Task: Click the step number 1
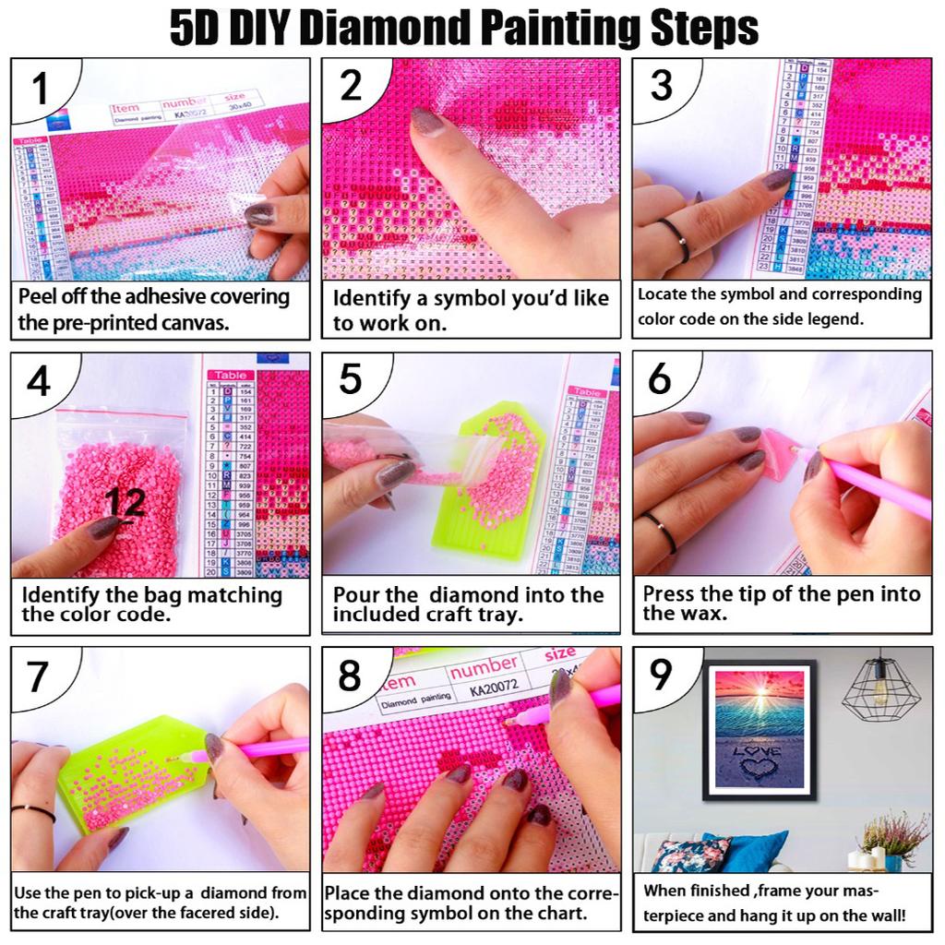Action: pos(40,90)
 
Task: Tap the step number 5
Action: pos(350,379)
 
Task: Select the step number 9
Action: pos(661,675)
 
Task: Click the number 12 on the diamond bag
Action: pos(125,502)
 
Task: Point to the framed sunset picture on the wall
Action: pos(759,729)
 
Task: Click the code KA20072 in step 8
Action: pos(496,688)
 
